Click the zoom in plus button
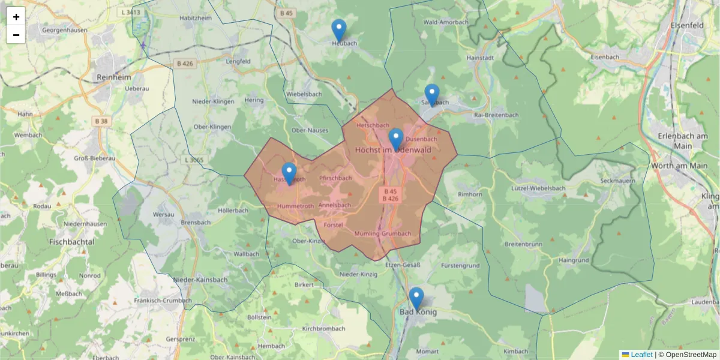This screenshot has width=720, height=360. [x=16, y=17]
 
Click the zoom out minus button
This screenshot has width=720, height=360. [x=16, y=35]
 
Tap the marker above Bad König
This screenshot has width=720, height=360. [x=416, y=298]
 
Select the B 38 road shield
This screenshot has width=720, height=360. [x=101, y=121]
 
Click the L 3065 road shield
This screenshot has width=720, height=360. [x=194, y=160]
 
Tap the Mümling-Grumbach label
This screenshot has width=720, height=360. [x=383, y=233]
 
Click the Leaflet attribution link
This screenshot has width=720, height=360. [x=641, y=355]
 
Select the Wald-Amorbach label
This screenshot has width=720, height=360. [x=446, y=22]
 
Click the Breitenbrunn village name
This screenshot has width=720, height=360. [x=523, y=244]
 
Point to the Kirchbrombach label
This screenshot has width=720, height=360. [x=323, y=329]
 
